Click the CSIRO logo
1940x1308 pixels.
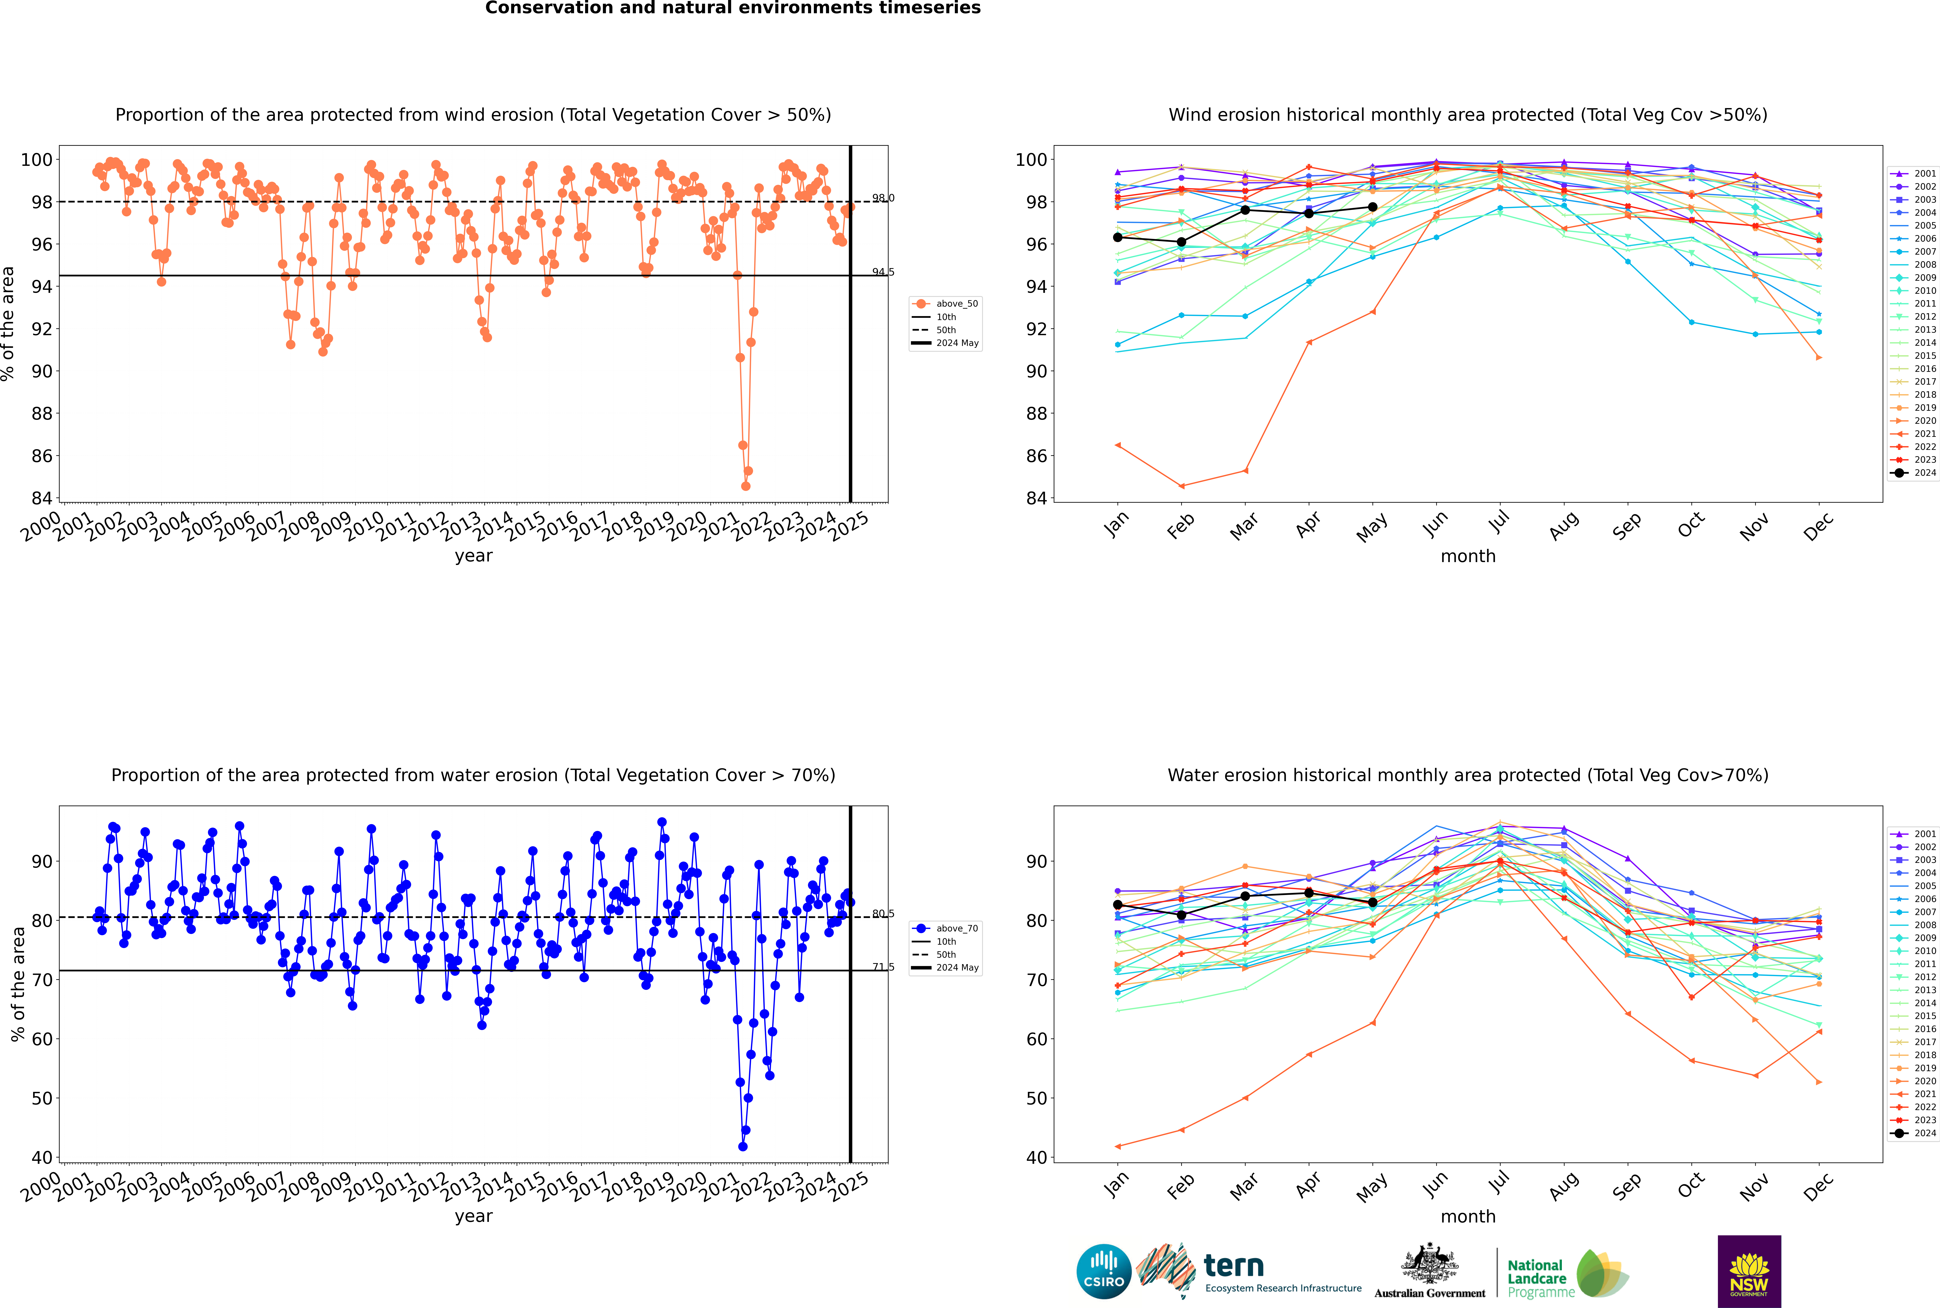coord(1103,1271)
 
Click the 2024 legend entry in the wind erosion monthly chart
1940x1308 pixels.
coord(1914,473)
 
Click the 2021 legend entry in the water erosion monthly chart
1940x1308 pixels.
coord(1914,1094)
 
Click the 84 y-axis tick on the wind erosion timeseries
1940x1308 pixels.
coord(42,498)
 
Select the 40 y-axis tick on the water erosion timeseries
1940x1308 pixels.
coord(42,1158)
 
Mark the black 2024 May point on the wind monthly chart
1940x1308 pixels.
coord(1372,207)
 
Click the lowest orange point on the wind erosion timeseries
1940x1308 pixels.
coord(746,485)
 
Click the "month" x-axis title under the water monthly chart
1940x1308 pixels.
coord(1468,1216)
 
